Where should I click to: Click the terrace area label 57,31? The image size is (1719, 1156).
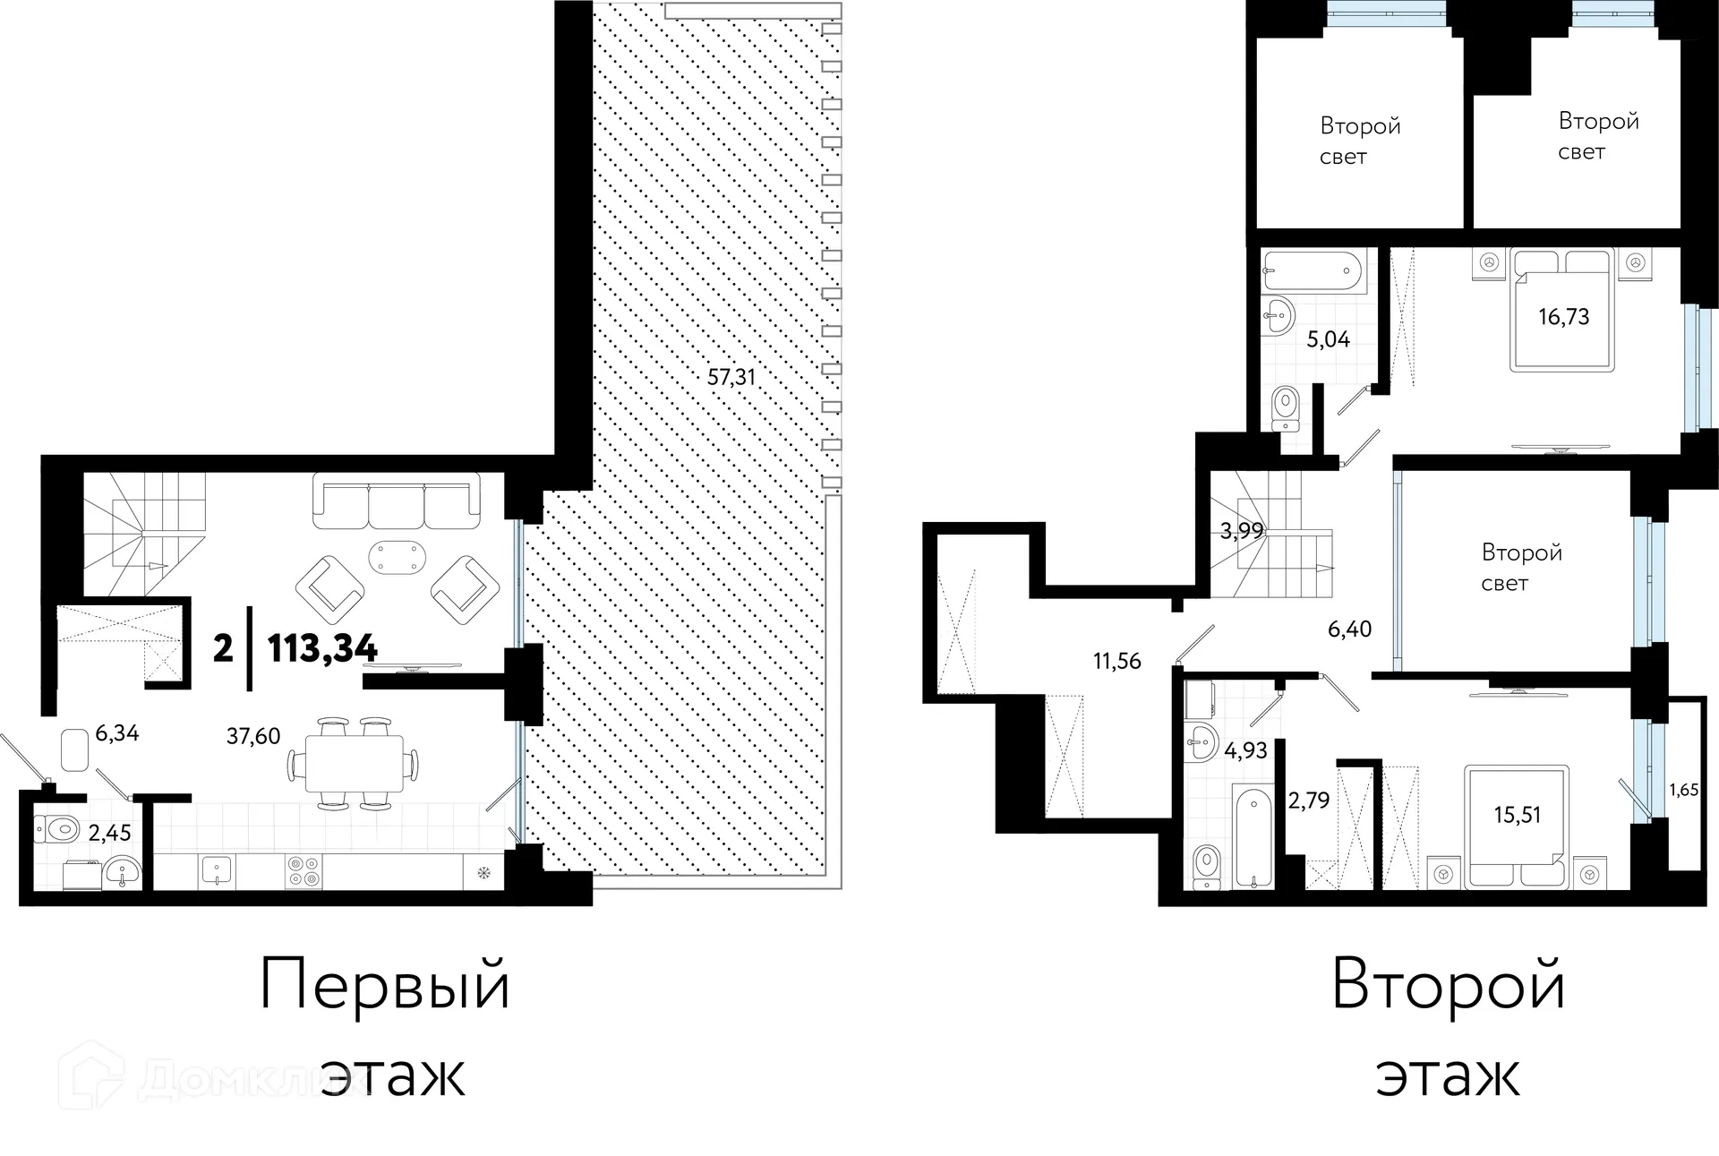[x=731, y=377]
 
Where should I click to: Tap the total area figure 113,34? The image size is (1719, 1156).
[x=322, y=647]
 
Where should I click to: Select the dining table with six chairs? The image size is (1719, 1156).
[x=354, y=764]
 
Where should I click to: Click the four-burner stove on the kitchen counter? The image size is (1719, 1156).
[x=303, y=871]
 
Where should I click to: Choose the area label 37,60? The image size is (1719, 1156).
[x=253, y=736]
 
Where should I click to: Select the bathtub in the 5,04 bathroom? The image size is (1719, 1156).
[x=1313, y=271]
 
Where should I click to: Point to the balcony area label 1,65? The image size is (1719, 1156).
[x=1684, y=791]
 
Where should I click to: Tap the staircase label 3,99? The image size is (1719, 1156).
[x=1242, y=531]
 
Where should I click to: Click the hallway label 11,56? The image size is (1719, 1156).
[x=1116, y=661]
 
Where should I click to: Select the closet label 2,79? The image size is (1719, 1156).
[x=1309, y=800]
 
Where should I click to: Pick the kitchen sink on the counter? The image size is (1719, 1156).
[x=217, y=871]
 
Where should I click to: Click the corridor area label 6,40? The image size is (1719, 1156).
[x=1349, y=629]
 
